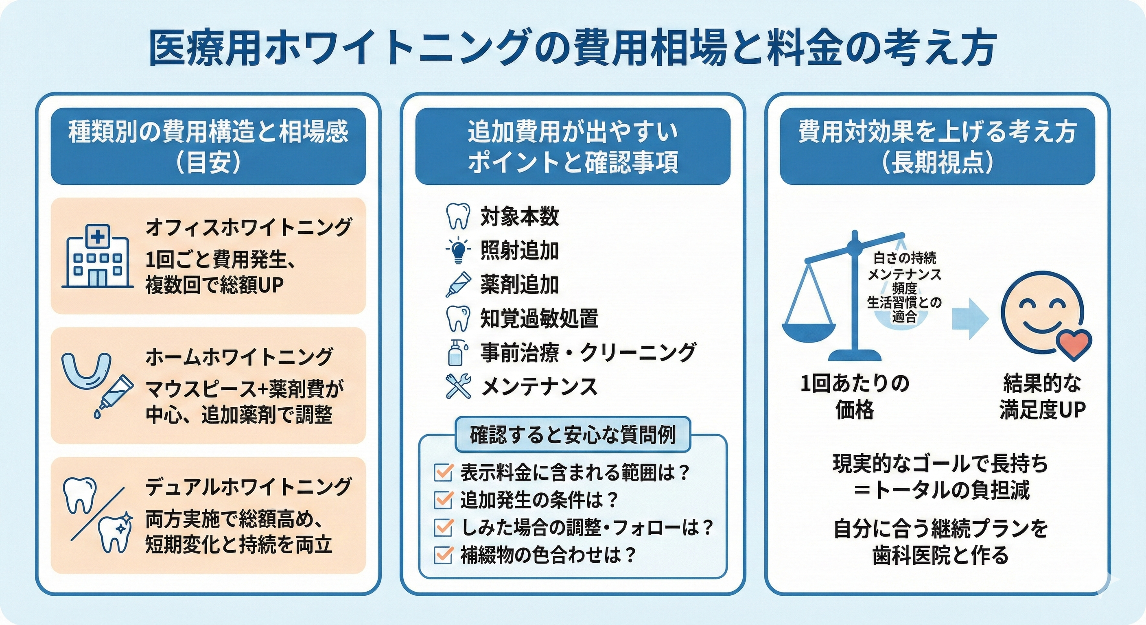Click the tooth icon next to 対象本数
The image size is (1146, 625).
[458, 216]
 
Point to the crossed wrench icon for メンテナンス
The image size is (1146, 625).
[458, 386]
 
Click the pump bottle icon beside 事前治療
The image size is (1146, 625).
[457, 352]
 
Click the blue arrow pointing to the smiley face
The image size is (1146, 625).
[970, 319]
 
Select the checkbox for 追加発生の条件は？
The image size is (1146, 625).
[443, 500]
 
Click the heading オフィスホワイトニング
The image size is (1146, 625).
[248, 227]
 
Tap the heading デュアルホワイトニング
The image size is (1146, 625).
[248, 487]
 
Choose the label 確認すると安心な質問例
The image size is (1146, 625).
[573, 435]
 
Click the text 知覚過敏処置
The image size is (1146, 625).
[539, 319]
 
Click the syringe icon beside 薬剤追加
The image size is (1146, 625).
[458, 285]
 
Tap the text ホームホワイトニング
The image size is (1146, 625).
[239, 357]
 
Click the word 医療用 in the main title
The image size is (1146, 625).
[205, 48]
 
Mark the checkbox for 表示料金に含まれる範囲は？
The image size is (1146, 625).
[443, 472]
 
